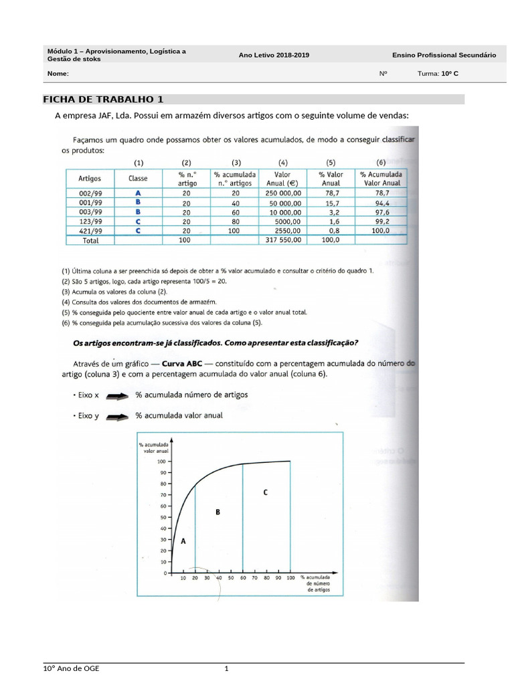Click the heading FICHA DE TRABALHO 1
pyautogui.click(x=103, y=100)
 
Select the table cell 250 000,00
pyautogui.click(x=283, y=193)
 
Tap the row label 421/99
pyautogui.click(x=89, y=230)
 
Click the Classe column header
pyautogui.click(x=138, y=179)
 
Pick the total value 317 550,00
pyautogui.click(x=283, y=239)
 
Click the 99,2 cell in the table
pyautogui.click(x=381, y=221)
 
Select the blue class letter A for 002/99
pyautogui.click(x=138, y=193)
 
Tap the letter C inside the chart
pyautogui.click(x=266, y=492)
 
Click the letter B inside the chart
pyautogui.click(x=218, y=512)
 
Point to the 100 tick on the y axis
pyautogui.click(x=161, y=462)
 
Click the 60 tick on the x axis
pyautogui.click(x=242, y=577)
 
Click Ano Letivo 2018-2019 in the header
pyautogui.click(x=274, y=56)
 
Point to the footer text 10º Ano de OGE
pyautogui.click(x=70, y=669)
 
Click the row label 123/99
pyautogui.click(x=89, y=221)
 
